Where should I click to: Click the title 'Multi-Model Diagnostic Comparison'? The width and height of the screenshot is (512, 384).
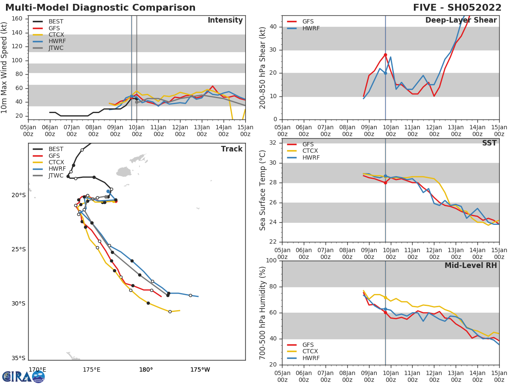click(x=100, y=8)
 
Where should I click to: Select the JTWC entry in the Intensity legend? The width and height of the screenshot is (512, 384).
click(x=56, y=48)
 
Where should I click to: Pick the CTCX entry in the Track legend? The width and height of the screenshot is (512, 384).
click(x=56, y=163)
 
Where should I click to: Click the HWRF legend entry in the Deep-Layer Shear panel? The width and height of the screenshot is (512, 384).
click(x=311, y=29)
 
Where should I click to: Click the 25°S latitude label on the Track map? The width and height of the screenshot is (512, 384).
click(x=18, y=250)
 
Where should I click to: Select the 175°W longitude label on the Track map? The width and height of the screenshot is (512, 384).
click(x=200, y=369)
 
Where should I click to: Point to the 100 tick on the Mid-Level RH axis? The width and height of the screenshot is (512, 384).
click(x=271, y=261)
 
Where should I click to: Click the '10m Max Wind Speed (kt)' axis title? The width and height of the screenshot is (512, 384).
click(x=5, y=67)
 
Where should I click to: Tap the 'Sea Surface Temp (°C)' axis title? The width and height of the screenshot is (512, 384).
click(x=263, y=190)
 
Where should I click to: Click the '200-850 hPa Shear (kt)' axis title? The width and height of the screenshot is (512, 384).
click(x=263, y=67)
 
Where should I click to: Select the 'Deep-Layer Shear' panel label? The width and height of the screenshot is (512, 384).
click(x=461, y=20)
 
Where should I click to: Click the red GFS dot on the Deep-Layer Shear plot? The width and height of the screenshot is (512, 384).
click(x=385, y=55)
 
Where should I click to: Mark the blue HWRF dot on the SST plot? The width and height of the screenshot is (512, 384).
click(x=385, y=176)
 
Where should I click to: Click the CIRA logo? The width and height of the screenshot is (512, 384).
click(x=23, y=377)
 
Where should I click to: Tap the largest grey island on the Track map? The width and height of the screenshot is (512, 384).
click(x=124, y=172)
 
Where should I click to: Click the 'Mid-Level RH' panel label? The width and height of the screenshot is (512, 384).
click(x=471, y=265)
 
